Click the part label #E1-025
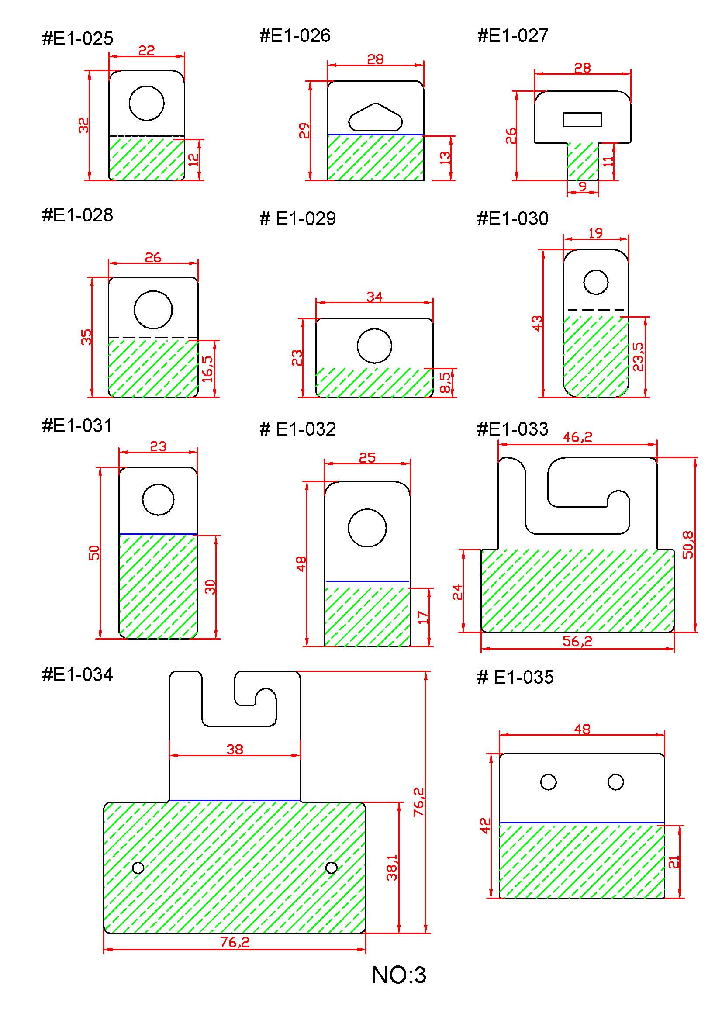point(77,39)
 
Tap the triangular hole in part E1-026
point(376,118)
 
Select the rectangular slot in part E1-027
point(582,120)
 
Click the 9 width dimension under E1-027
point(582,186)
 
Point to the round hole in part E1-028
point(153,310)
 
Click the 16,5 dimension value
point(207,369)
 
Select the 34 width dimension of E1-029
point(374,297)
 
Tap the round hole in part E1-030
point(596,282)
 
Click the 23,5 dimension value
point(638,356)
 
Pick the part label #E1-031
point(77,425)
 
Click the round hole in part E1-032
point(367,528)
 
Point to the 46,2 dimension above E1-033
point(577,437)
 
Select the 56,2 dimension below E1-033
point(577,641)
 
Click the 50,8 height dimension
point(688,545)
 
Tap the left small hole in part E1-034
point(138,868)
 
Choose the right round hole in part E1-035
point(616,782)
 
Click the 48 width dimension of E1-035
point(582,729)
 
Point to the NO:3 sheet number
point(399,975)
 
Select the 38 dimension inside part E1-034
point(235,750)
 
